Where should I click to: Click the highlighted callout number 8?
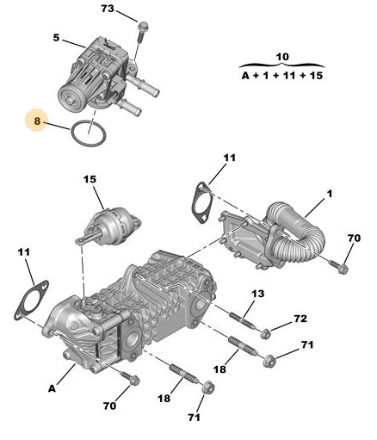(x=37, y=121)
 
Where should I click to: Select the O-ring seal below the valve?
(x=71, y=133)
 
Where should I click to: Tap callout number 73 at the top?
(x=108, y=9)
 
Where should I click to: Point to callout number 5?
(x=56, y=38)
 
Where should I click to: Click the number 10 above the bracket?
(x=282, y=57)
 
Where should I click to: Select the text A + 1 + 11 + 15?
(x=282, y=76)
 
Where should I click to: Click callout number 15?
(x=90, y=180)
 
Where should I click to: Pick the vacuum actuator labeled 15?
(x=109, y=226)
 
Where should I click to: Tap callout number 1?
(x=330, y=194)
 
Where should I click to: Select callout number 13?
(x=258, y=294)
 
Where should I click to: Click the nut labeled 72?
(x=265, y=334)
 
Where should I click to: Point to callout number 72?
(x=300, y=319)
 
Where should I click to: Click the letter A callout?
(x=52, y=389)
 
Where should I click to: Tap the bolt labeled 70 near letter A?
(x=131, y=379)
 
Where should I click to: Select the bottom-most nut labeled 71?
(x=208, y=389)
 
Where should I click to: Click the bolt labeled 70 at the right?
(x=339, y=267)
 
